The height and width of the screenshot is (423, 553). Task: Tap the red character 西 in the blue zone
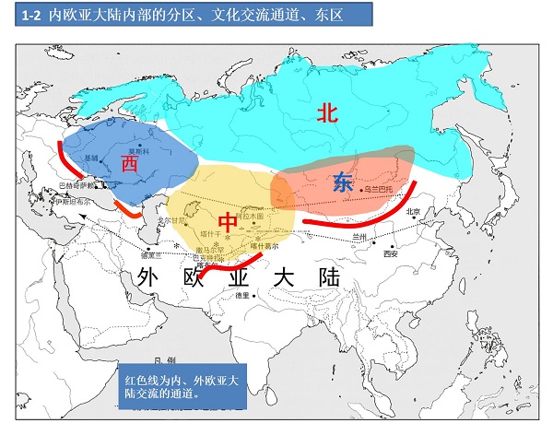(129, 163)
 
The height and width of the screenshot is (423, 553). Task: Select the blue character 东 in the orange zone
(343, 182)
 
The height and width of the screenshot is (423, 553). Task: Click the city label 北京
(412, 212)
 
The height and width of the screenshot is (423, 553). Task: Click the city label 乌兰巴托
(378, 189)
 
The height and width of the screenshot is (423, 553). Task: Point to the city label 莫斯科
(137, 151)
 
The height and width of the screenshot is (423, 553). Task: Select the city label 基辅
(91, 159)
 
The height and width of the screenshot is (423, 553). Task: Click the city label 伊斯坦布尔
(74, 201)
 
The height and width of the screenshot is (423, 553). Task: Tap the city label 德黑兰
(152, 254)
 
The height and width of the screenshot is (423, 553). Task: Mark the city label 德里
(243, 296)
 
